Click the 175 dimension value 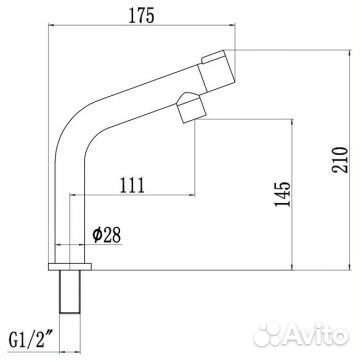[x=142, y=16]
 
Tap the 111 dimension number [x=132, y=185]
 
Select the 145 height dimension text [x=283, y=194]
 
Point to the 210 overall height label [x=340, y=160]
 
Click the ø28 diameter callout [x=107, y=235]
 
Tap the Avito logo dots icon [x=268, y=334]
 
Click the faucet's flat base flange [x=70, y=267]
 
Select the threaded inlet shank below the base [x=70, y=292]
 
